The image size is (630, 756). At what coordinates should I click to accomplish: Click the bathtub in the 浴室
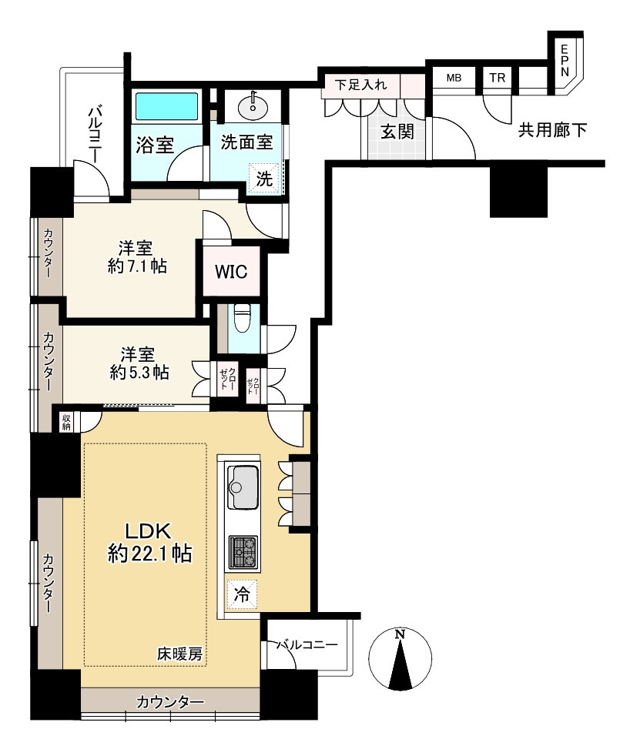coord(167,106)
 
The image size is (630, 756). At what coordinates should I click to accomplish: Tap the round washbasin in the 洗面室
coord(253,107)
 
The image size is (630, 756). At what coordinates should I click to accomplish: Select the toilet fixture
coord(240,318)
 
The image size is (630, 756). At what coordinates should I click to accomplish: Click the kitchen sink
coord(243,486)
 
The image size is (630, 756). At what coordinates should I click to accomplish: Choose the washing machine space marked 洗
coord(264,179)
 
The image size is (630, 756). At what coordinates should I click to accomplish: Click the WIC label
coord(231,272)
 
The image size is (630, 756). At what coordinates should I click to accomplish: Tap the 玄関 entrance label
coord(397,131)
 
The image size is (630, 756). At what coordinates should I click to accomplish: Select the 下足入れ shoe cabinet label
coord(361,85)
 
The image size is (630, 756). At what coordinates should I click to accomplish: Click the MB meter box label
coord(454,78)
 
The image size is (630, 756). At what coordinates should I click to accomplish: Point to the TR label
coord(497,78)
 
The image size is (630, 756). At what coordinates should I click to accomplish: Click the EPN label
coord(565,60)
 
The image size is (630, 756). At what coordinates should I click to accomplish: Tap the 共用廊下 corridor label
coord(552,129)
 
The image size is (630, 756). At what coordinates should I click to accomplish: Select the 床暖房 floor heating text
coord(179,654)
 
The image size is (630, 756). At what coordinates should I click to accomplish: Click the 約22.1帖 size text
coord(149,554)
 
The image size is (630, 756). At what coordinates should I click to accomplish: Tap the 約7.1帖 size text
coord(137,266)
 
